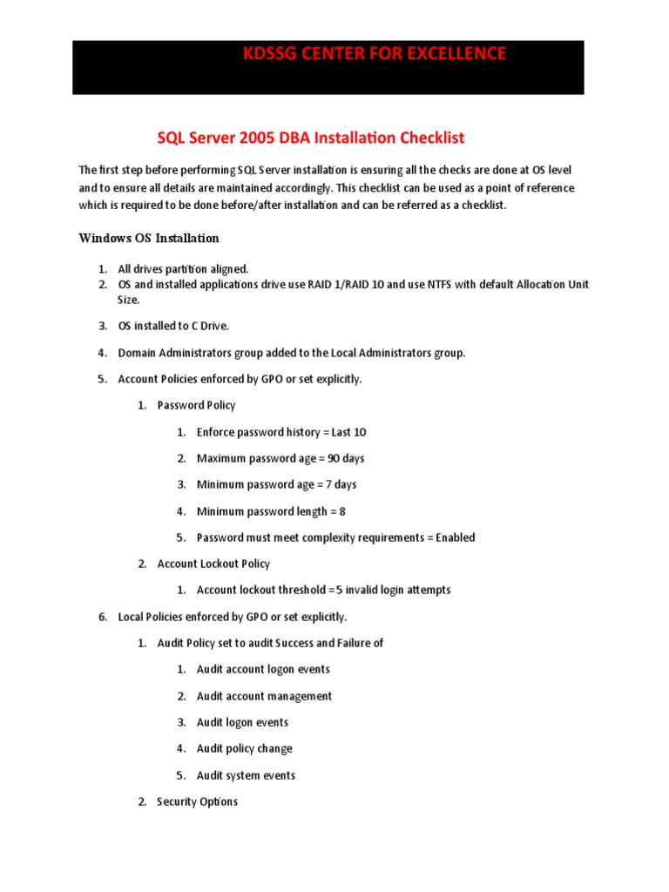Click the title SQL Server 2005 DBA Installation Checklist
pyautogui.click(x=311, y=138)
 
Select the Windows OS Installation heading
pyautogui.click(x=149, y=238)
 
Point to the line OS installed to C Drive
pyautogui.click(x=173, y=326)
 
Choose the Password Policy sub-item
pyautogui.click(x=196, y=405)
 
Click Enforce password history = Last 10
pyautogui.click(x=275, y=432)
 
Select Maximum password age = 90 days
pyautogui.click(x=280, y=458)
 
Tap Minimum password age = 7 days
pyautogui.click(x=276, y=484)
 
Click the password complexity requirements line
pyautogui.click(x=335, y=537)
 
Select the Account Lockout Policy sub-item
pyautogui.click(x=213, y=564)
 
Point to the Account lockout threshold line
pyautogui.click(x=323, y=590)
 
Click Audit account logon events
pyautogui.click(x=263, y=669)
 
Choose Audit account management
pyautogui.click(x=264, y=696)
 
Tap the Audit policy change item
pyautogui.click(x=244, y=748)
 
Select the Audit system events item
pyautogui.click(x=246, y=775)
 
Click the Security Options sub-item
pyautogui.click(x=197, y=801)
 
